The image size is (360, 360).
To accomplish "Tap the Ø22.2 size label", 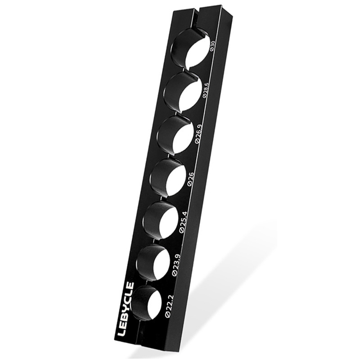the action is pyautogui.click(x=170, y=306).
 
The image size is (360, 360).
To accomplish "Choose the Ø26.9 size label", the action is pyautogui.click(x=198, y=134).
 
